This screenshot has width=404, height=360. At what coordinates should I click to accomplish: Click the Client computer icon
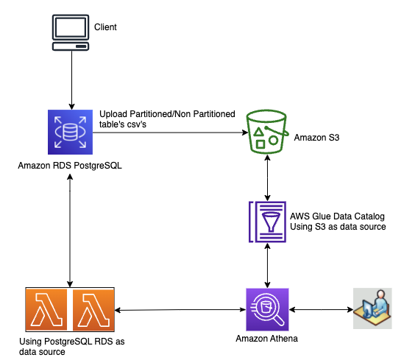tap(71, 32)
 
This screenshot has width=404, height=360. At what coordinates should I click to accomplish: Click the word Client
tap(105, 27)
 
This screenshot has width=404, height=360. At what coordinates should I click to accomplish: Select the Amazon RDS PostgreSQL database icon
tap(70, 132)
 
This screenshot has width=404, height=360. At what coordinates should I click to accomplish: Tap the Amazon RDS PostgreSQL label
tap(70, 166)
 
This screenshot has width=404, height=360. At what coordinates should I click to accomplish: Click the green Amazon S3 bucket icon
tap(267, 132)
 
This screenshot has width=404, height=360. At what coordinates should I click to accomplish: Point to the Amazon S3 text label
tap(316, 138)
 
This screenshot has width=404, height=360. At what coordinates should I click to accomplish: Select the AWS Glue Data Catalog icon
tap(267, 222)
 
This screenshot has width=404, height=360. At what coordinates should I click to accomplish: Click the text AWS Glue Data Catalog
tap(337, 216)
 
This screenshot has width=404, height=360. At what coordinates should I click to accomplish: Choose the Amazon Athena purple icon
tap(267, 309)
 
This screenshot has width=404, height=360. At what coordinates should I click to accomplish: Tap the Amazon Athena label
tap(266, 339)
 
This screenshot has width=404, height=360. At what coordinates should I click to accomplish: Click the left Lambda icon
tap(46, 309)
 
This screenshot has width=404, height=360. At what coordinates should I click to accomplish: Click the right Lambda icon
tap(93, 309)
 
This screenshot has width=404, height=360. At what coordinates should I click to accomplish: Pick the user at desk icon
tap(372, 308)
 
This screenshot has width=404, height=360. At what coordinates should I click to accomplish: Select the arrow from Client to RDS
tap(71, 80)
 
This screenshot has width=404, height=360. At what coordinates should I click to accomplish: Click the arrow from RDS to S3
tap(170, 133)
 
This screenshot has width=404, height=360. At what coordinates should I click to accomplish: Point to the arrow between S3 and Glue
tap(267, 178)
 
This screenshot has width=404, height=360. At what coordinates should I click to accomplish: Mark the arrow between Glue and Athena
tap(267, 266)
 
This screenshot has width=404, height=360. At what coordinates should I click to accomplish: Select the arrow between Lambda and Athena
tap(180, 310)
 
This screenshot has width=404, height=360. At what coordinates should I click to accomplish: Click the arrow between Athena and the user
tap(321, 309)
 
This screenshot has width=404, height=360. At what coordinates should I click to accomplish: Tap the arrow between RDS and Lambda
tap(70, 230)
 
